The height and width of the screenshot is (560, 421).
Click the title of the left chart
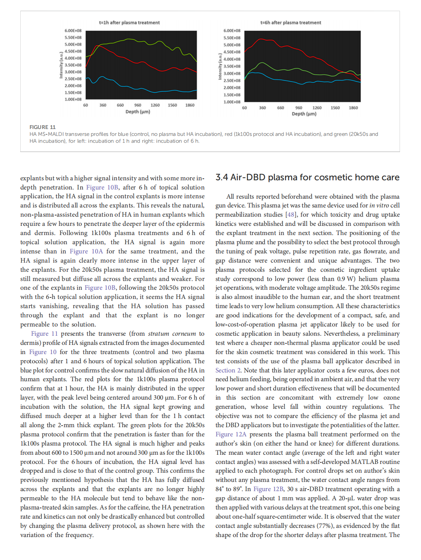129,23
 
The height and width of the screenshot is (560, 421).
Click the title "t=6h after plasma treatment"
290,23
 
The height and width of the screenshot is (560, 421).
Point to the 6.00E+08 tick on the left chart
73,31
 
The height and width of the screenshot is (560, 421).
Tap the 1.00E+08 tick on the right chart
232,102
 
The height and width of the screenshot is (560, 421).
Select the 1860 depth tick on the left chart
190,105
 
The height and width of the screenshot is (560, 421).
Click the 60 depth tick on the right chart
245,108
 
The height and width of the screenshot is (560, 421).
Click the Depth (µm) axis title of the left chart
138,112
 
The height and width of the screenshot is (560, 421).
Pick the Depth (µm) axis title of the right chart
304,114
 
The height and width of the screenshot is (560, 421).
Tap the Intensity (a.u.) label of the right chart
220,67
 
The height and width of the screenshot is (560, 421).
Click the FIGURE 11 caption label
42,127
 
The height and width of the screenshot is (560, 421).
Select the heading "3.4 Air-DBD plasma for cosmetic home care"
307,178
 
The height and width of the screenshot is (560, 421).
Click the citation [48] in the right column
291,215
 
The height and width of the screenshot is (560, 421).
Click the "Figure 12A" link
231,434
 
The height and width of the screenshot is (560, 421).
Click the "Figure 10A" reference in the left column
86,251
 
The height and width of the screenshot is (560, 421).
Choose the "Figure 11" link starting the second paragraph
44,334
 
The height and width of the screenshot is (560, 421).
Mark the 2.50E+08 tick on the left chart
73,79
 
